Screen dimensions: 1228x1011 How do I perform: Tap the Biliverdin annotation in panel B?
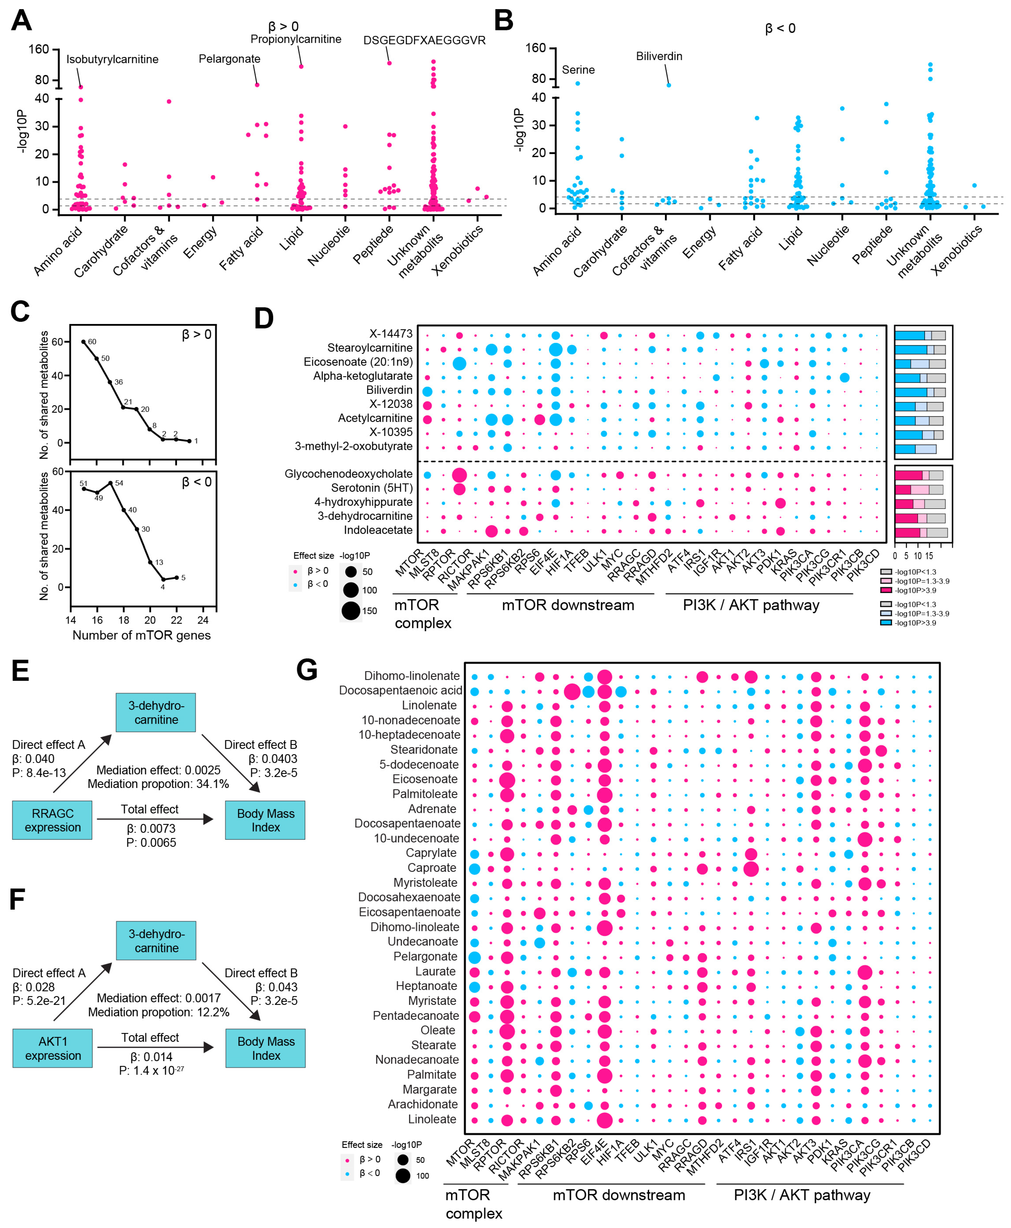[x=659, y=56]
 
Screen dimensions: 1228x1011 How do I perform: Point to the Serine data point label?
[x=578, y=70]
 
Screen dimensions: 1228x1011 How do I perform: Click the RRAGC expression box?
[x=52, y=820]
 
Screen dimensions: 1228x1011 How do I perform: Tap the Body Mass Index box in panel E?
[x=266, y=820]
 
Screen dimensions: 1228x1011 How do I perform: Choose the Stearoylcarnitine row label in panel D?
[x=370, y=348]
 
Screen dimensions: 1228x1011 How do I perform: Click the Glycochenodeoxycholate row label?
[x=348, y=474]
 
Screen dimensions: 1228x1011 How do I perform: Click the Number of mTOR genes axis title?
[x=142, y=635]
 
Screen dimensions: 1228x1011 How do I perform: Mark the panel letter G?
[x=307, y=670]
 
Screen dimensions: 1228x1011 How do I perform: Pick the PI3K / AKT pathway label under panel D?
[x=751, y=605]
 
